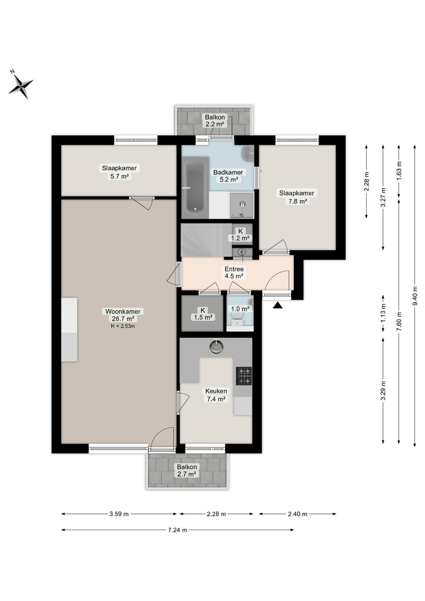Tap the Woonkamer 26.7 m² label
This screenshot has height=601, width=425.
tap(123, 315)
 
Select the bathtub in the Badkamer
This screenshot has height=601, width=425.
tap(196, 187)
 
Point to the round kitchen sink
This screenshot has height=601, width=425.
tap(216, 346)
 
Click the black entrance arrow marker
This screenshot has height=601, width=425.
tap(277, 306)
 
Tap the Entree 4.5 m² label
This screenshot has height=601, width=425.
tap(233, 272)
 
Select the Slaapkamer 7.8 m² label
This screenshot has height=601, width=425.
tap(296, 197)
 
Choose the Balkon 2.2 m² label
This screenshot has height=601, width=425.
tap(214, 120)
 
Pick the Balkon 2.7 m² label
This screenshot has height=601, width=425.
tap(186, 470)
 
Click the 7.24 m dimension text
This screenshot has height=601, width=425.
tap(177, 530)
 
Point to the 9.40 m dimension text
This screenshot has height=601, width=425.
tap(414, 294)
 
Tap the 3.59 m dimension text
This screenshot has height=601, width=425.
tap(118, 514)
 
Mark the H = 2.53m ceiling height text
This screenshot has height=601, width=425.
tap(123, 326)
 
